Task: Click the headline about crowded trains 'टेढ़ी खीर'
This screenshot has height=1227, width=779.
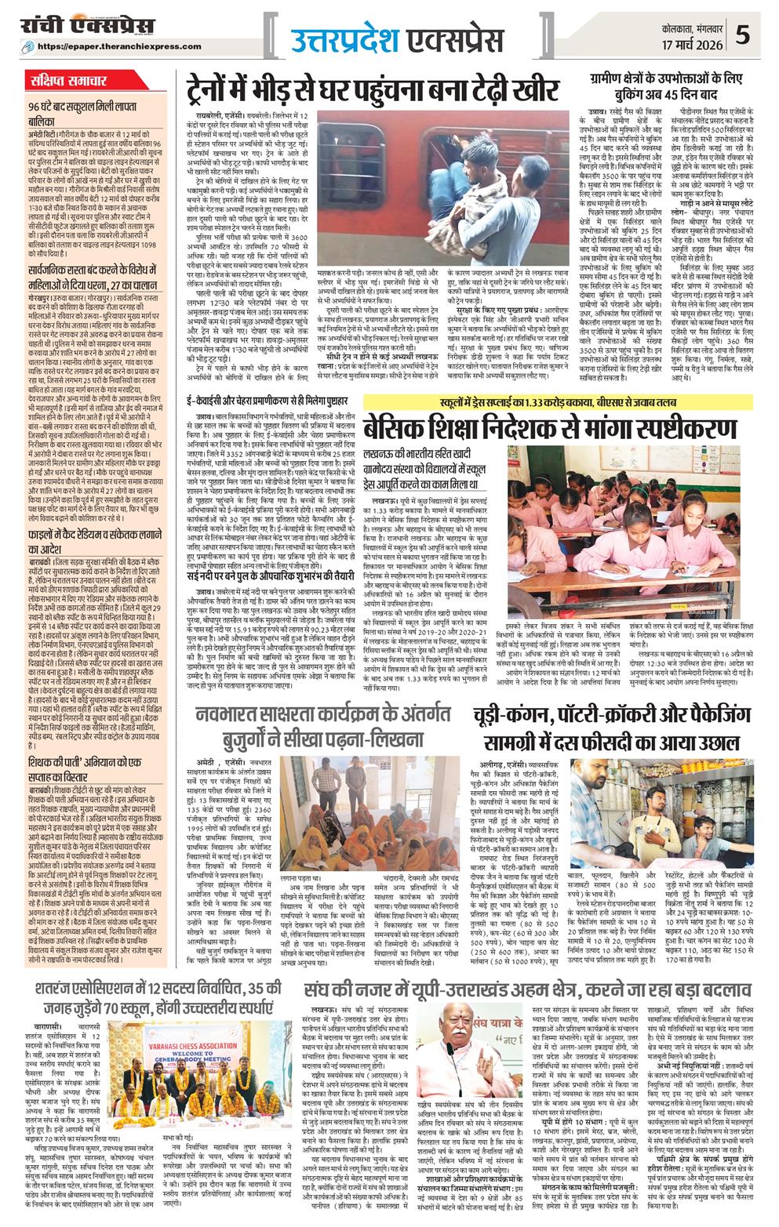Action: click(373, 88)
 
